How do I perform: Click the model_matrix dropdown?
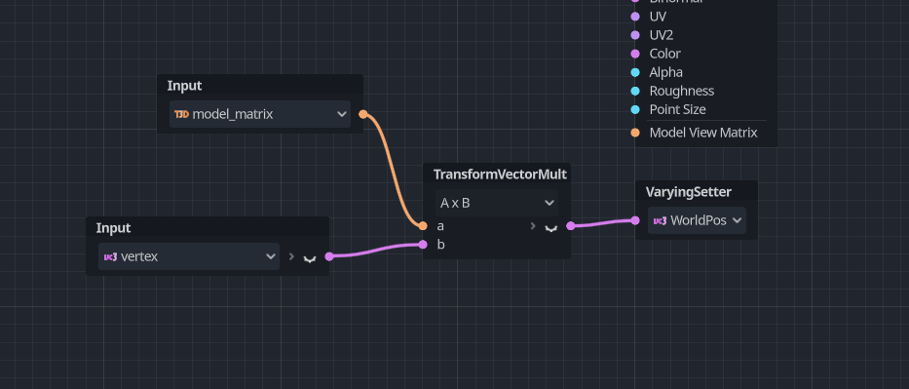(260, 114)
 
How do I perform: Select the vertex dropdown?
(189, 256)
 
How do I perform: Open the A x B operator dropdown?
(497, 203)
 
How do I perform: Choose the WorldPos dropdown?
(698, 220)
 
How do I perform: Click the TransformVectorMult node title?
(500, 175)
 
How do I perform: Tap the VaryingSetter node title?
(688, 191)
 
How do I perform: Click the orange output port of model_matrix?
(363, 114)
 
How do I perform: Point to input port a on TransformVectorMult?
(423, 226)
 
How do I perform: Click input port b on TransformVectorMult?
(423, 244)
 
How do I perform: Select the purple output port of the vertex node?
(329, 256)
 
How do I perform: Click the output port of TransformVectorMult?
(571, 226)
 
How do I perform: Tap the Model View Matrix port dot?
(635, 133)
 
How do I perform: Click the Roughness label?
(681, 91)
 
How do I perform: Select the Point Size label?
(677, 109)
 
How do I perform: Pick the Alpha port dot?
(635, 72)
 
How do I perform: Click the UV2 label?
(661, 35)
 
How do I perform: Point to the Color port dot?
(635, 54)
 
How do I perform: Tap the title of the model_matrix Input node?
(184, 86)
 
